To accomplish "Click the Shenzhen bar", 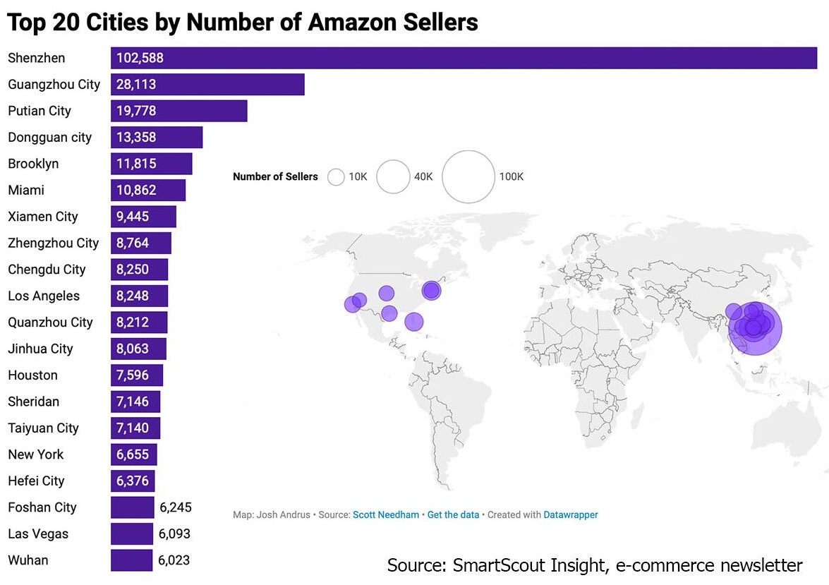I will point(464,58).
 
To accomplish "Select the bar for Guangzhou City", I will point(207,84).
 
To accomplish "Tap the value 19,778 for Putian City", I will point(136,111).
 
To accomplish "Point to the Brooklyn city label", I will point(33,164).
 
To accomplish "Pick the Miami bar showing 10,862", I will point(148,190).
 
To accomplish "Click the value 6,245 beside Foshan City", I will point(176,507).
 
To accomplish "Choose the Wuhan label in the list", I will point(28,560).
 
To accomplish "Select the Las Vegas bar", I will point(132,533).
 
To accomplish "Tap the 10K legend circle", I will point(336,176).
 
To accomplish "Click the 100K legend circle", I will point(468,176).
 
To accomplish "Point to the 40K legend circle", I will point(393,176).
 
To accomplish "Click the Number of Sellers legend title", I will point(275,176).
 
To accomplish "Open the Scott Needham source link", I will point(386,515).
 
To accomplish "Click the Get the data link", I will point(453,515).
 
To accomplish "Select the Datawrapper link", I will point(571,515).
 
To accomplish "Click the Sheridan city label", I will point(34,402).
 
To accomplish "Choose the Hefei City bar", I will point(133,481).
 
